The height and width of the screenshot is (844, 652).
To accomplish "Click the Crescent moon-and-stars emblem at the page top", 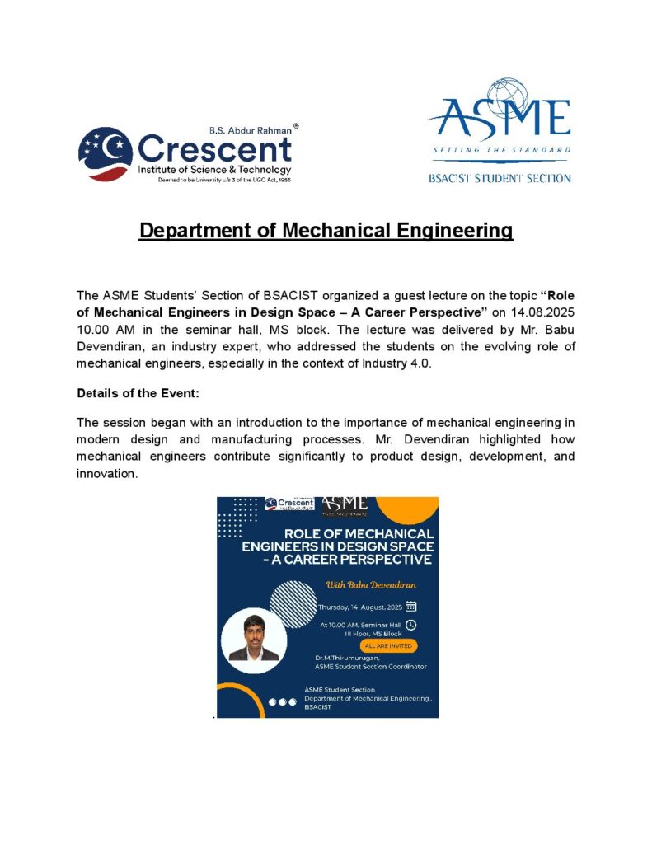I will [x=106, y=154].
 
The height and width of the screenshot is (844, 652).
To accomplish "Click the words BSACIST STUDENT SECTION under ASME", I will [x=500, y=178].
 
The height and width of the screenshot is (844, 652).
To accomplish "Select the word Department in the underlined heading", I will [x=195, y=231].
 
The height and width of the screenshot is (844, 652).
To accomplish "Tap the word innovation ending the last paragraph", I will [x=106, y=474].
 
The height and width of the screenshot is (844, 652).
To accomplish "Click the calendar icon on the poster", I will [x=410, y=606].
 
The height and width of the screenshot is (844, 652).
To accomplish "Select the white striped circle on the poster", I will [x=293, y=604].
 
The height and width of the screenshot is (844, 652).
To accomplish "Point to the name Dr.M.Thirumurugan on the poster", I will [x=348, y=657].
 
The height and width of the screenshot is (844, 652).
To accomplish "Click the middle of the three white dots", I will [x=282, y=701].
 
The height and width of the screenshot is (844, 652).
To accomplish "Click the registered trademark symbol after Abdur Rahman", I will [x=296, y=127].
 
